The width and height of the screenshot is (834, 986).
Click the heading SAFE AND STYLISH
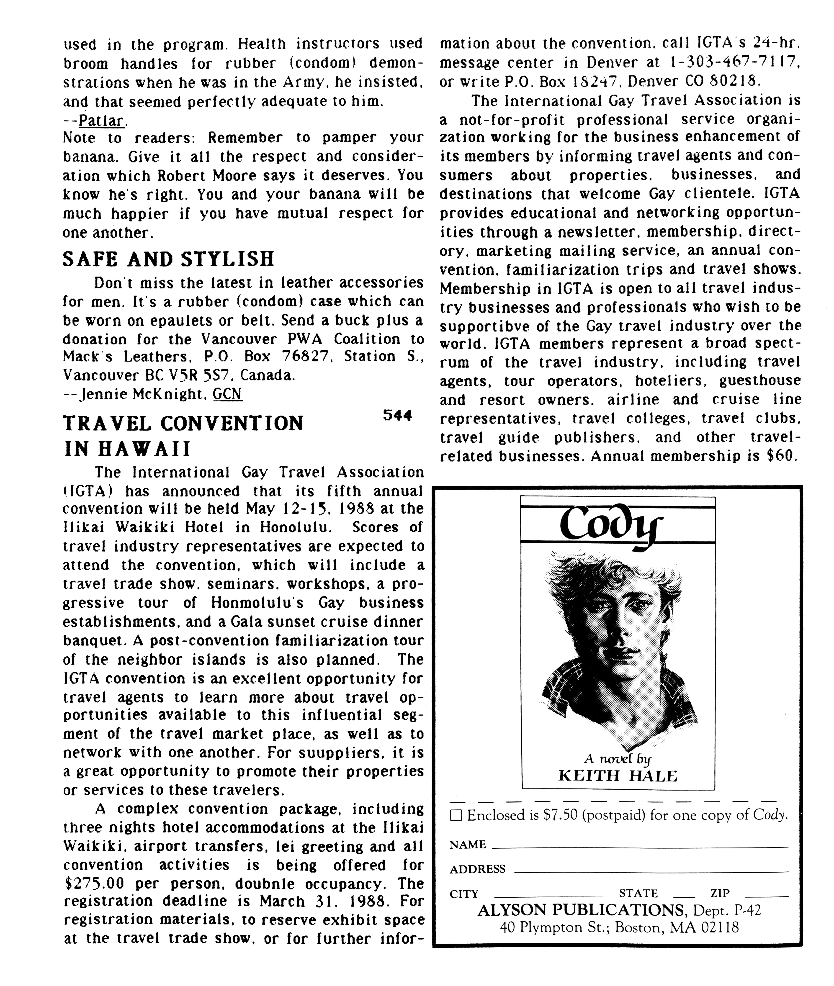coord(168,259)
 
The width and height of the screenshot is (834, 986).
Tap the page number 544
coord(397,416)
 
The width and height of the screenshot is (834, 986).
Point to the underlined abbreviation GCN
coord(228,394)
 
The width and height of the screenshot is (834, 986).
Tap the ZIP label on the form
coord(720,893)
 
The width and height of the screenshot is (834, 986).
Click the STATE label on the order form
coord(638,893)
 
